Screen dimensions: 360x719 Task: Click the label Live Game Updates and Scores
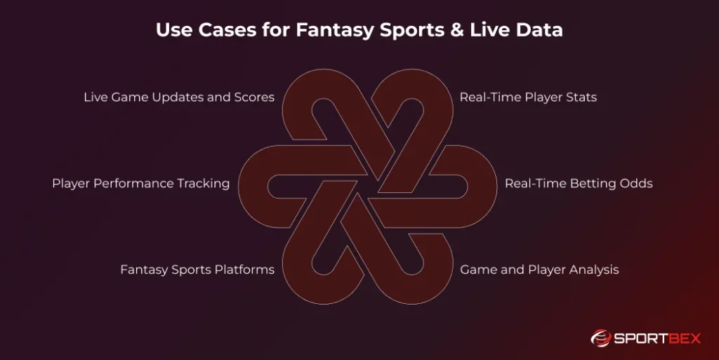[x=179, y=98]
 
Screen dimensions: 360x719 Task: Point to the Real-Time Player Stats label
[x=528, y=98]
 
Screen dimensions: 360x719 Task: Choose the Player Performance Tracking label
[x=140, y=184]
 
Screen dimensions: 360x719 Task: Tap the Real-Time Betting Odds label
[x=579, y=184]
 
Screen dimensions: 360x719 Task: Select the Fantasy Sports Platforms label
[x=197, y=269]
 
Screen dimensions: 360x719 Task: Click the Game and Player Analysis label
[x=539, y=269]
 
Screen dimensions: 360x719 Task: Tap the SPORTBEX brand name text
[x=659, y=339]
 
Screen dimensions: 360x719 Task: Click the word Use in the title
[x=173, y=30]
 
